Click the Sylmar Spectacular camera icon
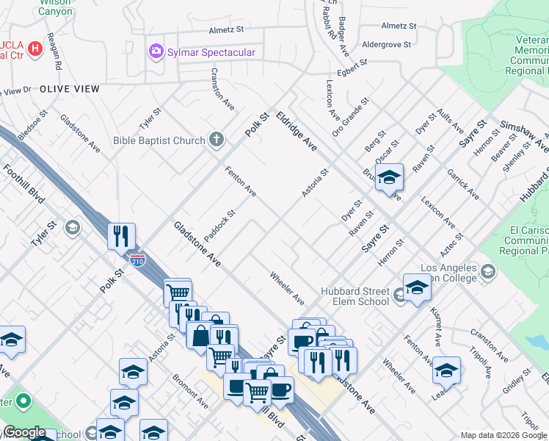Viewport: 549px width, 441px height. (155, 51)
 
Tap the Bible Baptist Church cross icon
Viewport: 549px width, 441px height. (216, 139)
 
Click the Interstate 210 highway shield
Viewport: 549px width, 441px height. (139, 259)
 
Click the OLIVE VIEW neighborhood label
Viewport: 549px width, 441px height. (69, 88)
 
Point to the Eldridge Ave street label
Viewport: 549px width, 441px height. (297, 131)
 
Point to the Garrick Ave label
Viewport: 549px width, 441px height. (462, 184)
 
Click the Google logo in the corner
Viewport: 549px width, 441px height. (25, 432)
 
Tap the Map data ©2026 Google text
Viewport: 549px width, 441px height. (503, 435)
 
